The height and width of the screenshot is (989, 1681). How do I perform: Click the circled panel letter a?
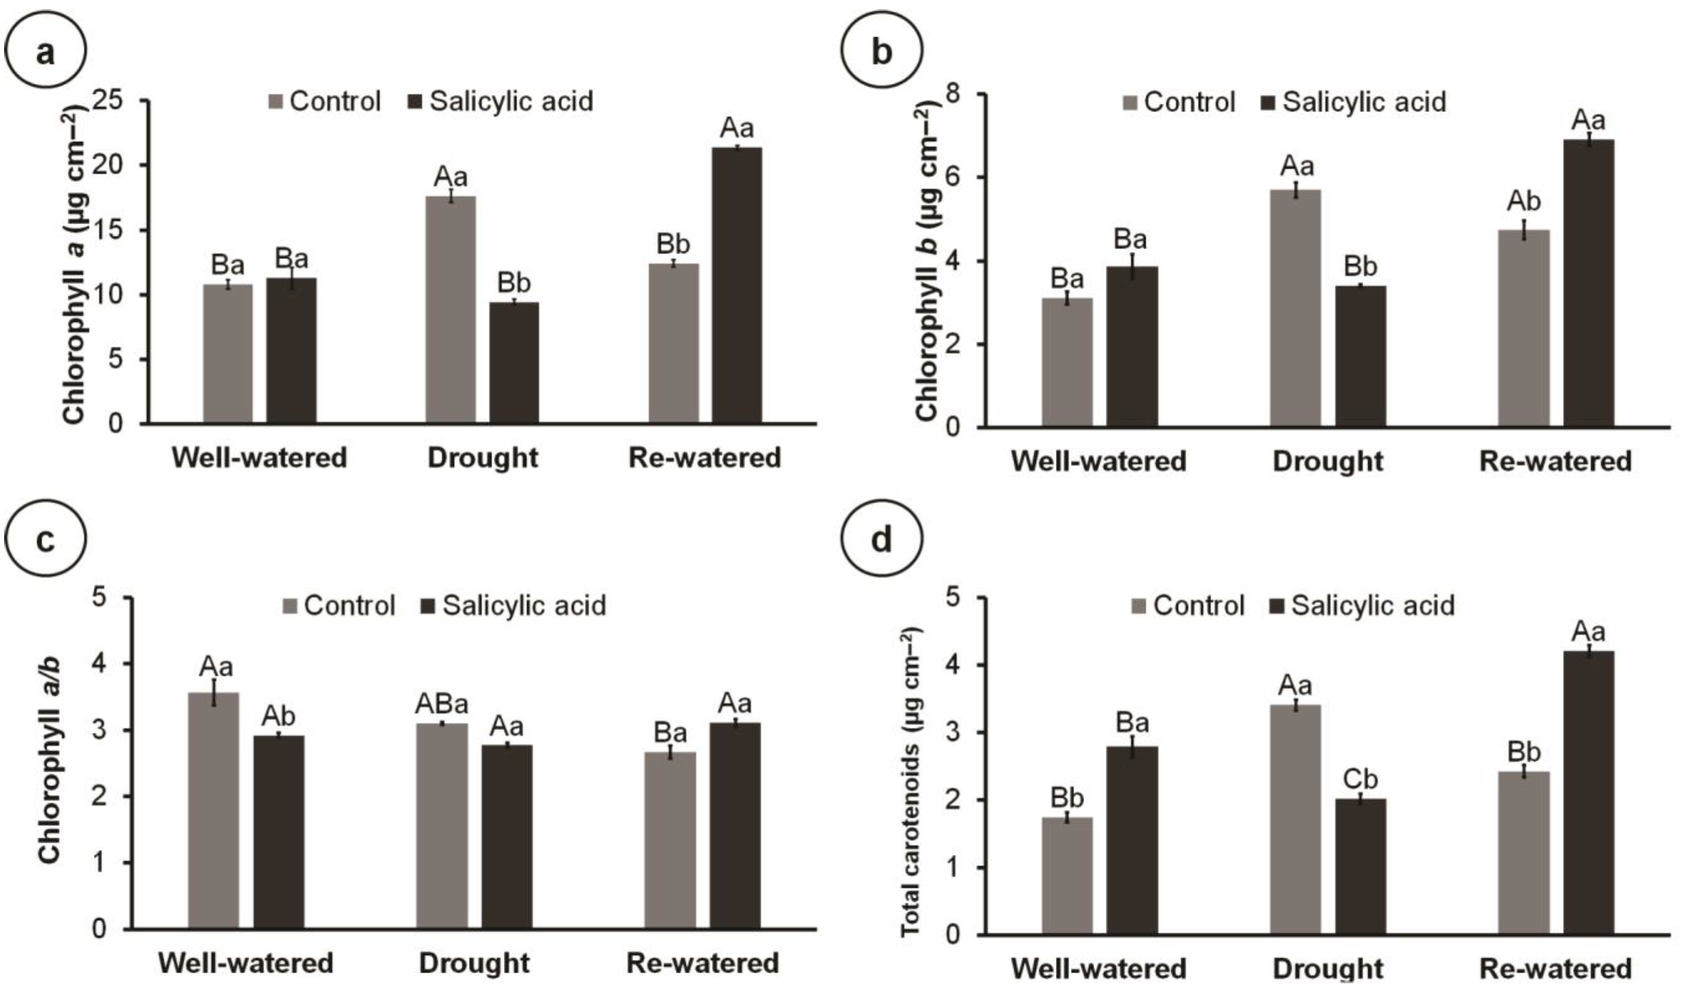45,52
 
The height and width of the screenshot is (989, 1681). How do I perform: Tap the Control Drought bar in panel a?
450,310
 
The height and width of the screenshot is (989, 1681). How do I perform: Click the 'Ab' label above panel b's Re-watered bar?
1524,201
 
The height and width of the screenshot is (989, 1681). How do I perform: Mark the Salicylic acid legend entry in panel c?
514,606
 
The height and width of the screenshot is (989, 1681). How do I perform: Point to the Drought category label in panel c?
474,963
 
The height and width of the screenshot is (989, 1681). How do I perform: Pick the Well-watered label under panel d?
1099,968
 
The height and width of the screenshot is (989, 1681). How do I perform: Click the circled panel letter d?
882,539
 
